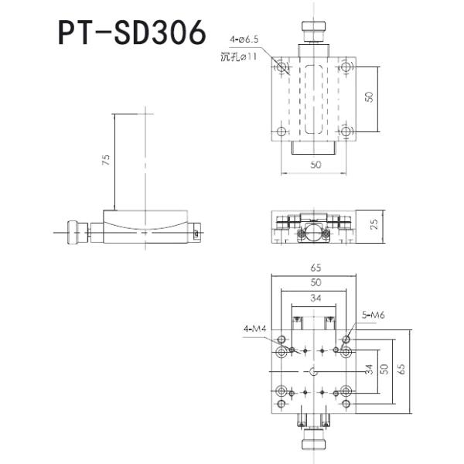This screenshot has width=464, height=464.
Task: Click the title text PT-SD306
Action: pos(132,33)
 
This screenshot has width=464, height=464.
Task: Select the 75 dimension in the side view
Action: pos(106,161)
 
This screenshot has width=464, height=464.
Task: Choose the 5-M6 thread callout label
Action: pos(374,314)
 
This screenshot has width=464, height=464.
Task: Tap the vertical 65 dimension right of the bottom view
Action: pos(401,369)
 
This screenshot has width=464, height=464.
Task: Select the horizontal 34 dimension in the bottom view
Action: pos(313,299)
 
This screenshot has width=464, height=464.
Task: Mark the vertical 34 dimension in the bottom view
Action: pos(370,370)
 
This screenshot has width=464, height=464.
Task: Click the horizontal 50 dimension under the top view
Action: pos(314,165)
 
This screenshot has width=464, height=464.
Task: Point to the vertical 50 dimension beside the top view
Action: pos(370,97)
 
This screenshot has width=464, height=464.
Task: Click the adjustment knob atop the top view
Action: pos(313,33)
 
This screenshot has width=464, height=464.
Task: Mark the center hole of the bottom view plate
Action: pos(313,374)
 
